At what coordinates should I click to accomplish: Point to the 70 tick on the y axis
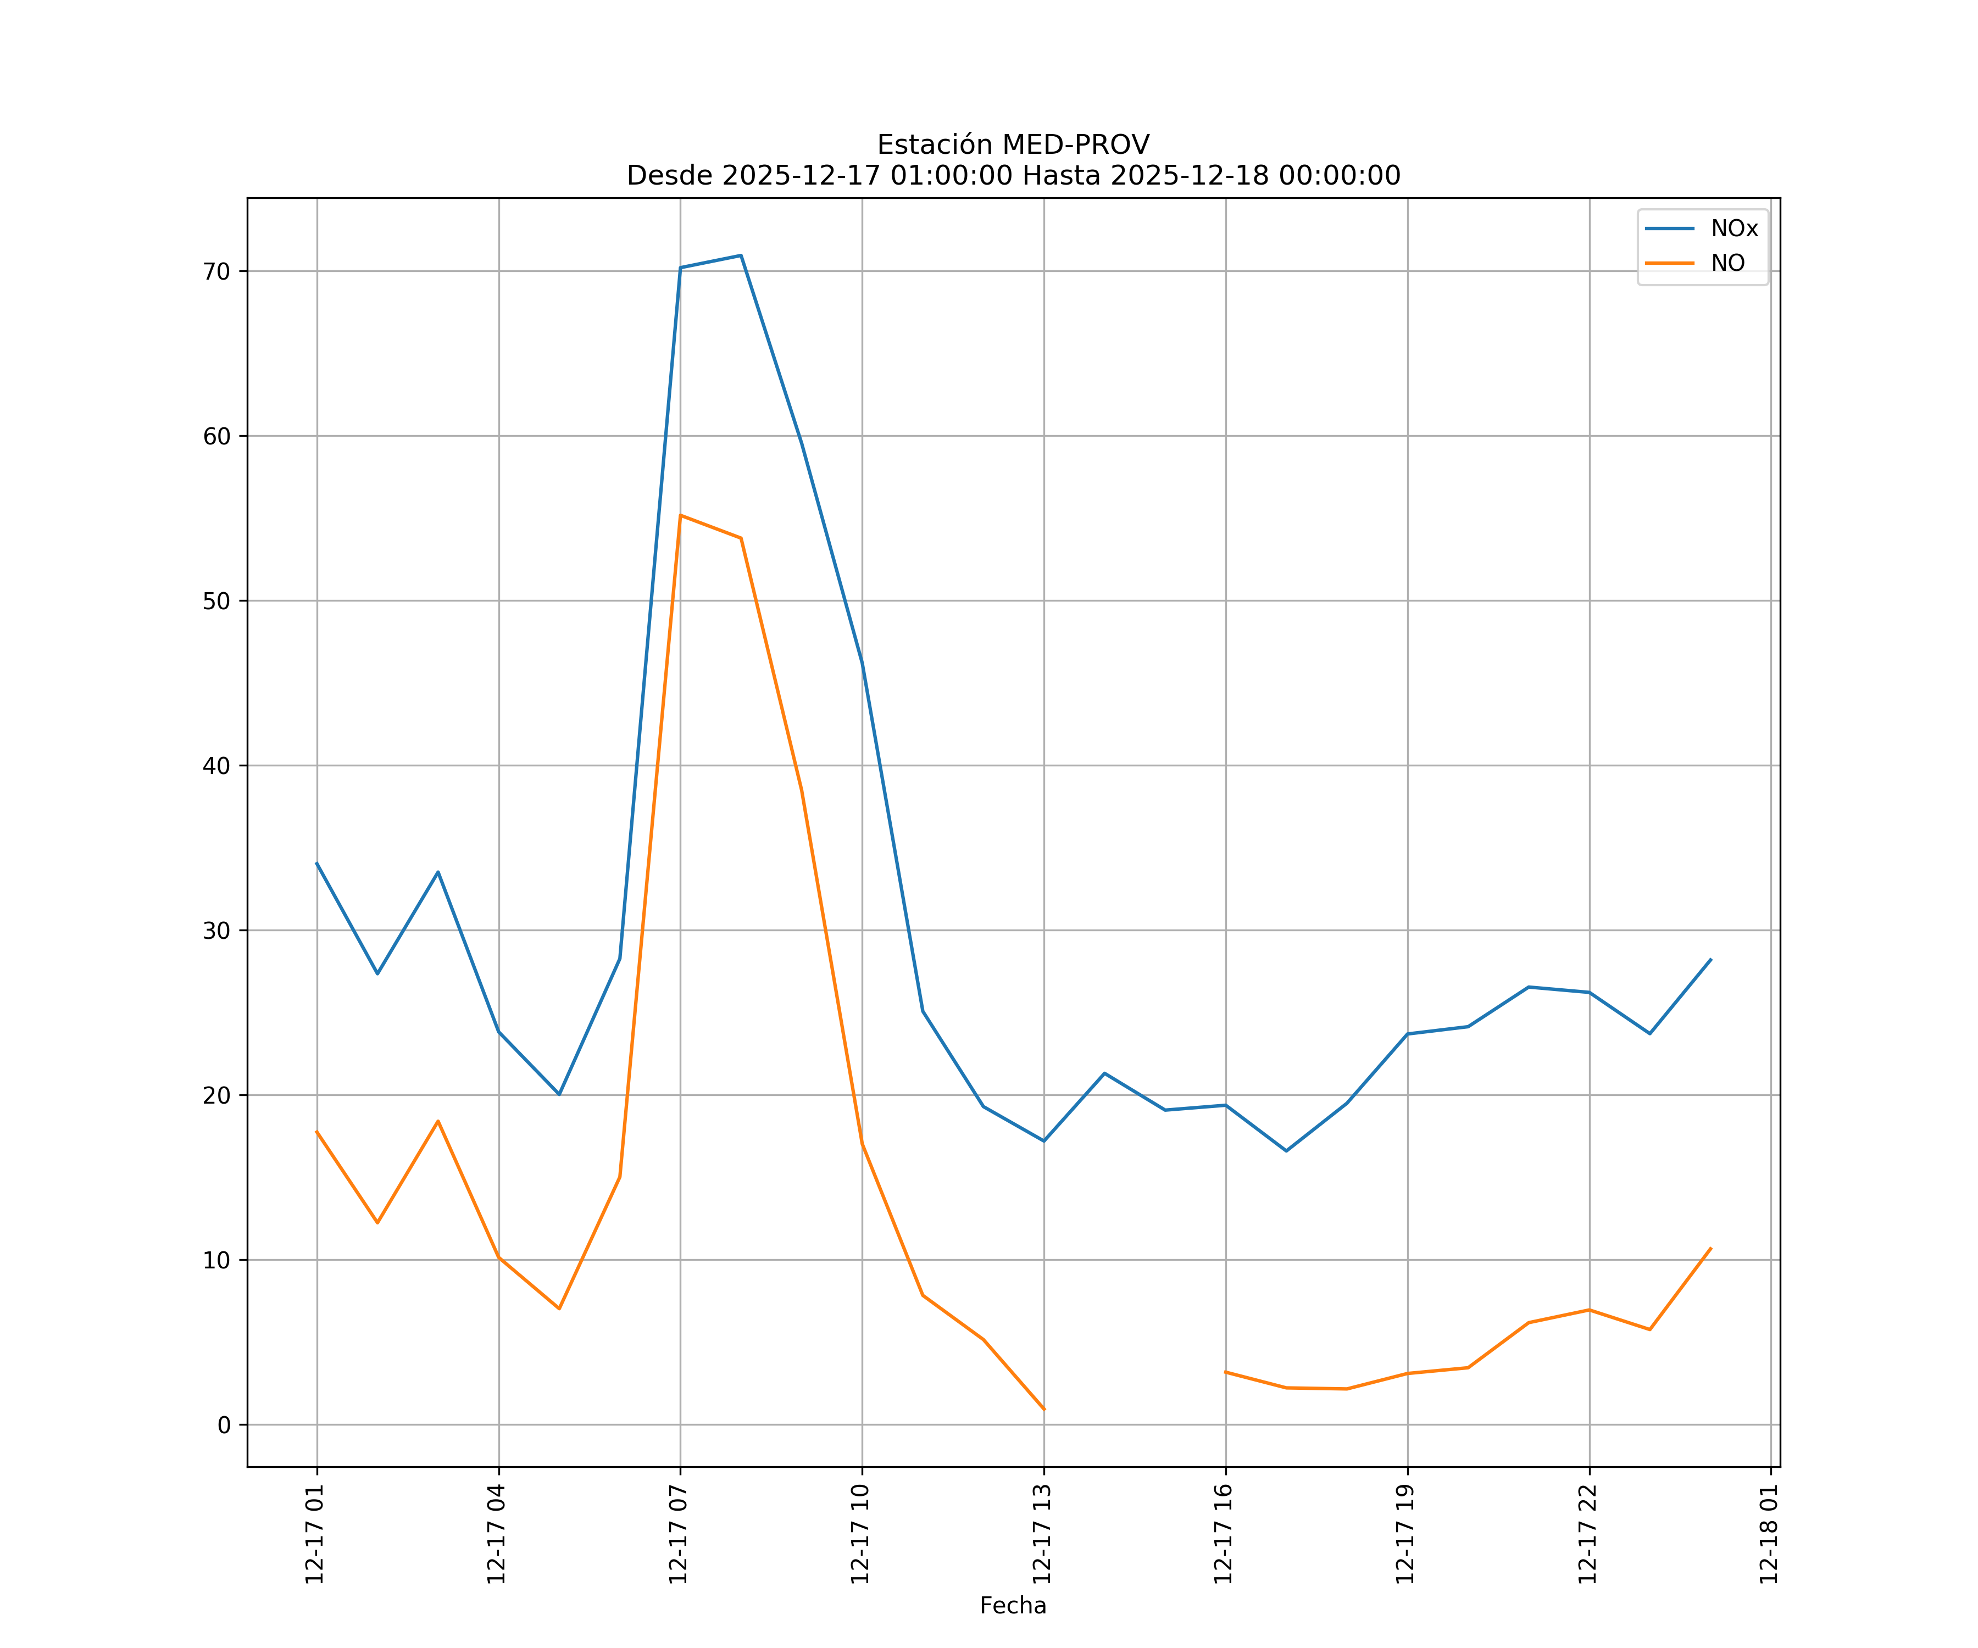click(216, 271)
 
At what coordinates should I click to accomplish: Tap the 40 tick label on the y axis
click(216, 766)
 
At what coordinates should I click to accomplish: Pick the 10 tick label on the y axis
click(216, 1260)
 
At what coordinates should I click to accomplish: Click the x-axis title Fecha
click(1013, 1606)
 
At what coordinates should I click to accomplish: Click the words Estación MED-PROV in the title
click(1013, 145)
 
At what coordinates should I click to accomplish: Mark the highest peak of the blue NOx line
click(741, 255)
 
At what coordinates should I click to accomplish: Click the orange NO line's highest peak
click(680, 515)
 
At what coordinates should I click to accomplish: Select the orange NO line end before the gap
click(1043, 1410)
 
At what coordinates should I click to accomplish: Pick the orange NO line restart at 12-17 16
click(1225, 1372)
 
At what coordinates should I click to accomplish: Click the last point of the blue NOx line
click(1710, 960)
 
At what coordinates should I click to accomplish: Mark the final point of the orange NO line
click(1710, 1249)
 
